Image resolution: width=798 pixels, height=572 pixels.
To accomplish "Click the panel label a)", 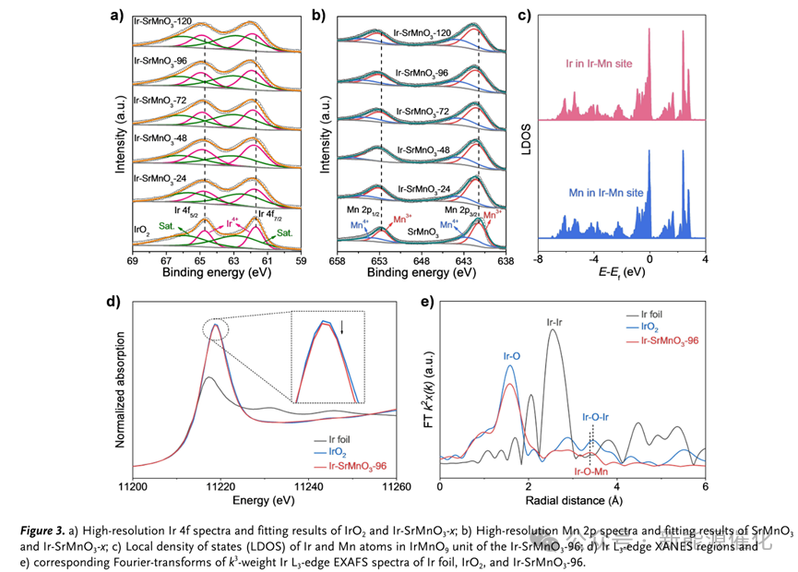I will click(114, 15).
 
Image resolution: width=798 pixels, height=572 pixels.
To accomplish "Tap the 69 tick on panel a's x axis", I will click(134, 261).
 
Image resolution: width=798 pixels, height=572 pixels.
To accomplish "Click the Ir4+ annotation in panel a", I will click(232, 222).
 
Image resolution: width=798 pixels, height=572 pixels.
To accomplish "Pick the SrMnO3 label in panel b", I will click(428, 234).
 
